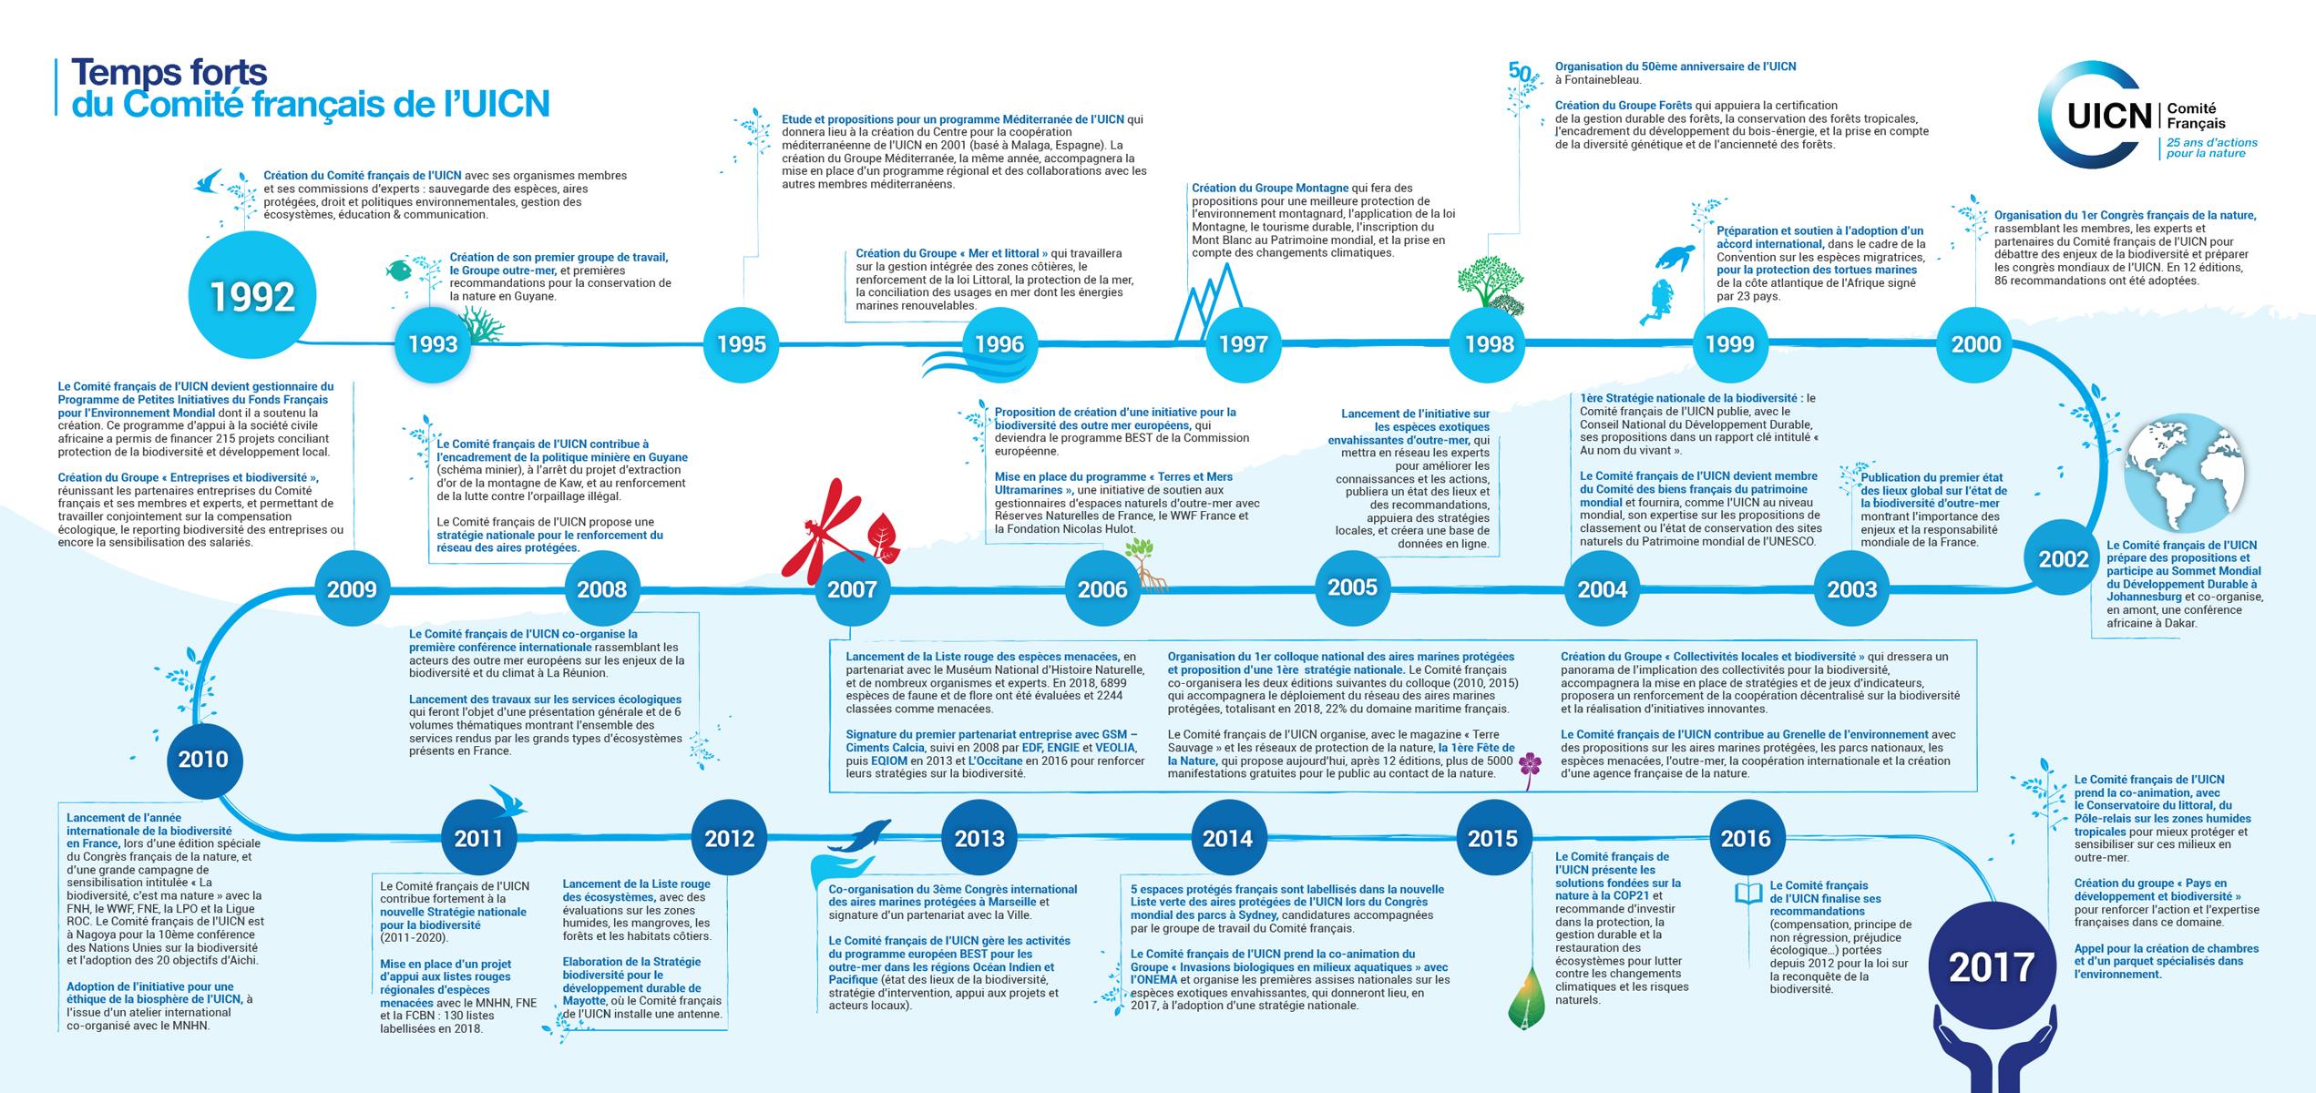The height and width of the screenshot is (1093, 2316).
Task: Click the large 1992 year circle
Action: [x=252, y=295]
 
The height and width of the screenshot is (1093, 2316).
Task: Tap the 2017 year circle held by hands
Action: [x=1992, y=965]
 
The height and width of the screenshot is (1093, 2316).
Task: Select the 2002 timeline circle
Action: [x=2063, y=557]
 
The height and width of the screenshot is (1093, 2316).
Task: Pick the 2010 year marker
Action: [x=203, y=759]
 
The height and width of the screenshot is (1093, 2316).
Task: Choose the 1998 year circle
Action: [x=1489, y=344]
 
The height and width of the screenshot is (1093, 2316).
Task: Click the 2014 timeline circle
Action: [x=1227, y=838]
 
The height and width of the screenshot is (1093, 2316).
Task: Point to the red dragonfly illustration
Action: [x=825, y=532]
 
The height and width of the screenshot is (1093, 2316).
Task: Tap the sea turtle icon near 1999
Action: [x=1675, y=257]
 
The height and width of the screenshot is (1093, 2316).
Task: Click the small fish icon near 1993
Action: [x=398, y=270]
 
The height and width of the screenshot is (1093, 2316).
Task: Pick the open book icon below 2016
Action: [x=1747, y=893]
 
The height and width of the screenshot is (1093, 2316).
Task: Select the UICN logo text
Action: [x=2108, y=117]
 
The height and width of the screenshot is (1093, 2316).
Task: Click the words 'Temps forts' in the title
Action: [x=169, y=72]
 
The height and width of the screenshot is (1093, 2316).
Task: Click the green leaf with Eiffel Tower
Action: [x=1527, y=1000]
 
